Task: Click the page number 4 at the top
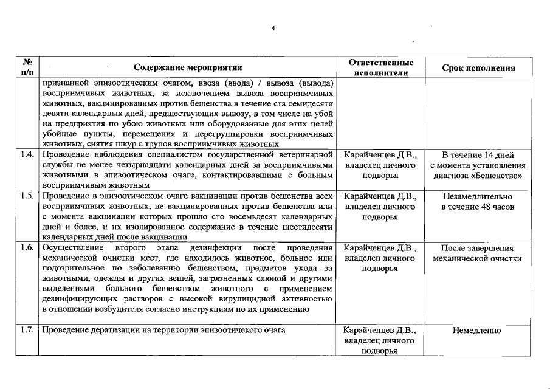click(x=273, y=29)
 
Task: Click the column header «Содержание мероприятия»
click(x=188, y=68)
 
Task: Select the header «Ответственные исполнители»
click(x=381, y=67)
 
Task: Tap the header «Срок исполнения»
click(x=478, y=68)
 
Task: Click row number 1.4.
click(x=27, y=154)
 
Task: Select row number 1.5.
click(x=27, y=196)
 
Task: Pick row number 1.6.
click(x=27, y=248)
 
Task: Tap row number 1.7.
click(x=27, y=330)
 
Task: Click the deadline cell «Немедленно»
click(x=477, y=331)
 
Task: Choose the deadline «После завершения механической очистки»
click(x=477, y=253)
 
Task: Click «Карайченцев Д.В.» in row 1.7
click(x=380, y=331)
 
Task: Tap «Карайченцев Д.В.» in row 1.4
click(x=380, y=154)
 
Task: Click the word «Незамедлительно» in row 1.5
click(x=478, y=196)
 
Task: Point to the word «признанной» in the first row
click(x=65, y=82)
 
